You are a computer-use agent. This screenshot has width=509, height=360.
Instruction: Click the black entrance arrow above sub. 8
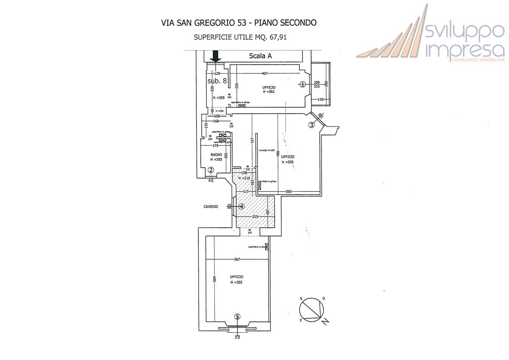[x=216, y=56]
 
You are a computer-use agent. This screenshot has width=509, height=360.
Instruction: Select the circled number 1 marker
[x=303, y=84]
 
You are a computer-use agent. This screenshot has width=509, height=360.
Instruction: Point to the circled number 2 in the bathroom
[x=211, y=170]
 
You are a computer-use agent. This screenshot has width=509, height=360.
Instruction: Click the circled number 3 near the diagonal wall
[x=311, y=125]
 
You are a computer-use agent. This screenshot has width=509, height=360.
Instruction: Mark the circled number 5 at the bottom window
[x=237, y=316]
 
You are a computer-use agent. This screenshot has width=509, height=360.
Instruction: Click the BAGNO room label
[x=216, y=155]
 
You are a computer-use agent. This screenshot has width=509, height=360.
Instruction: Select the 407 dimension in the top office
[x=264, y=74]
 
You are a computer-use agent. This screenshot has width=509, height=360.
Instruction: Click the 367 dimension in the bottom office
[x=237, y=260]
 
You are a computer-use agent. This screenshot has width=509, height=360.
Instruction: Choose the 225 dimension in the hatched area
[x=255, y=217]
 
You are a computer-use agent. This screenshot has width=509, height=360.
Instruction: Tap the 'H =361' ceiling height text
[x=269, y=92]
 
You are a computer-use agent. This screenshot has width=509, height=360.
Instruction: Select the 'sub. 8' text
[x=217, y=81]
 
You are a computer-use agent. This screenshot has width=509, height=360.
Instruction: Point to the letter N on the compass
[x=325, y=321]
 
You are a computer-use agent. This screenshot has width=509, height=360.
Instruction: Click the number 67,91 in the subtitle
[x=276, y=37]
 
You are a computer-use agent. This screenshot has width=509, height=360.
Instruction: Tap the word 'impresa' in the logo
[x=464, y=49]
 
